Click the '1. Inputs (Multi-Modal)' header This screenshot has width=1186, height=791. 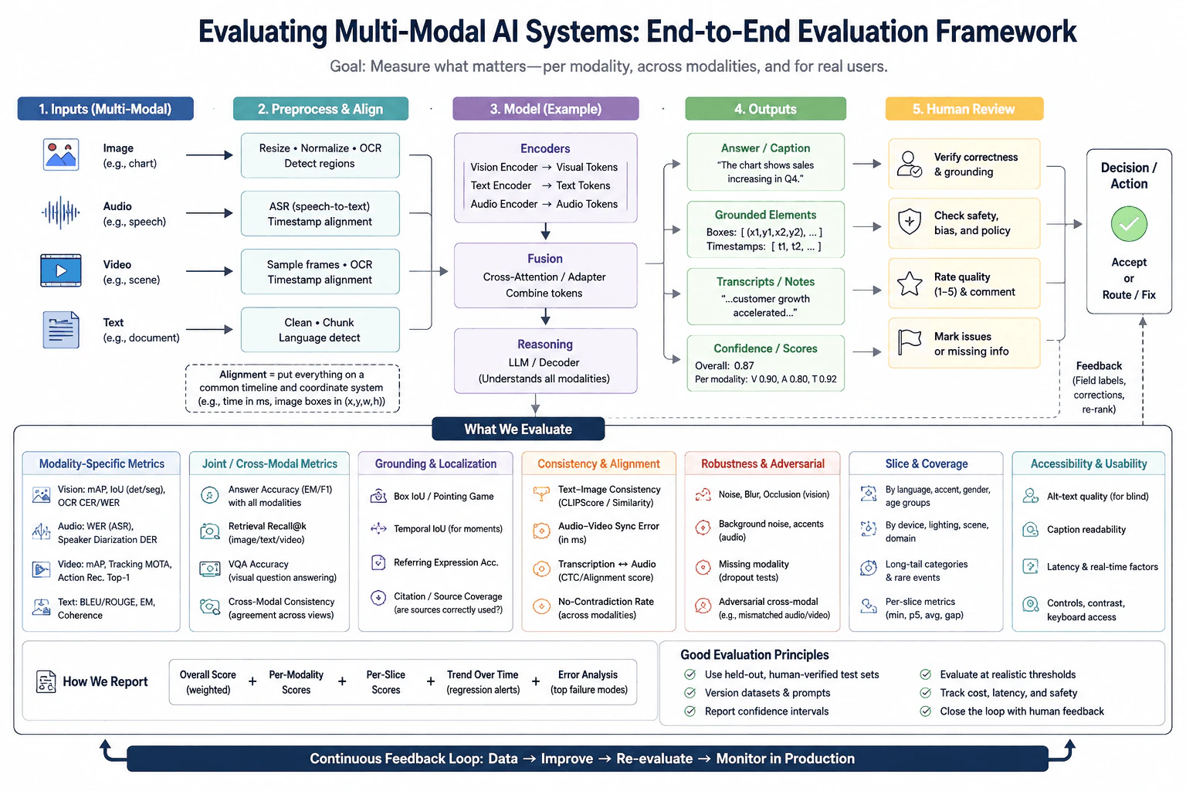point(105,109)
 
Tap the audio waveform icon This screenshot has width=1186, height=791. point(61,212)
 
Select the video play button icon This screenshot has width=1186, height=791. point(61,270)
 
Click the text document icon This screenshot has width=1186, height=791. point(61,330)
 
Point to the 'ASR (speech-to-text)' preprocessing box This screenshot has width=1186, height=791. point(320,213)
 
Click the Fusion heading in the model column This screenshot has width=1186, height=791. point(545,259)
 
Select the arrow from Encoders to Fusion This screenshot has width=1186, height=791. point(545,231)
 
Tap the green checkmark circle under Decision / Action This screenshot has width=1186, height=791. point(1129,224)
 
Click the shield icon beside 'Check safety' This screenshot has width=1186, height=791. point(910,222)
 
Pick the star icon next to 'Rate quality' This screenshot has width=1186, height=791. point(910,283)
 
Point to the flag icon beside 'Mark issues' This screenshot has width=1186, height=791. point(910,342)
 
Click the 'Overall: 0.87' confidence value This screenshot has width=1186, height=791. point(724,365)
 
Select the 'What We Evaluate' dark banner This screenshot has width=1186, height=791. point(518,429)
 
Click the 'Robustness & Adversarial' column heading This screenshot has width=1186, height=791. point(762,463)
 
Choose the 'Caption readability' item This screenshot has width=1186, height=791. point(1086,529)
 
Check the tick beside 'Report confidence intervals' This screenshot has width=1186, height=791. point(690,711)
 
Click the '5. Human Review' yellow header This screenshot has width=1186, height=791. point(964,109)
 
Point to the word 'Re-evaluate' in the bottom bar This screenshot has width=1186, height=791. point(655,759)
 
